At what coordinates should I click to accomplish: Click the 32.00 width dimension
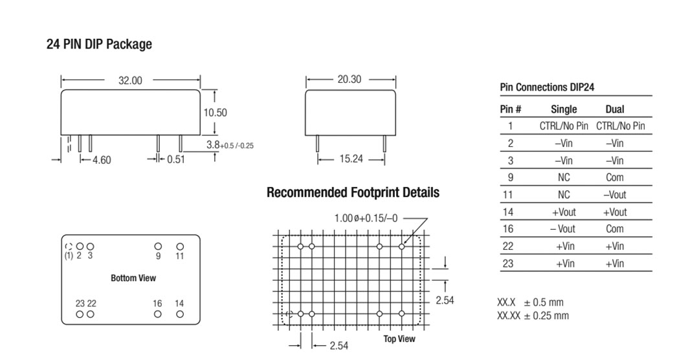(x=130, y=80)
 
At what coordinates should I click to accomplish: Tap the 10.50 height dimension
(x=215, y=113)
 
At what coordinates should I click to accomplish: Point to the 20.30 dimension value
(x=350, y=79)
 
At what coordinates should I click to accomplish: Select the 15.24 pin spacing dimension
(x=351, y=159)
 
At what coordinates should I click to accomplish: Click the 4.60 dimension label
(x=102, y=160)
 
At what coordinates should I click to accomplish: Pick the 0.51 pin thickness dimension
(x=176, y=159)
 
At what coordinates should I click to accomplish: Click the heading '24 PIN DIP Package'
(x=99, y=44)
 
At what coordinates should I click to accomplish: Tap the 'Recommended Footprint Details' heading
(x=353, y=192)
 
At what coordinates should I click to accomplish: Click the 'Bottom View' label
(x=133, y=278)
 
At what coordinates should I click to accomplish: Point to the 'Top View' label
(x=399, y=339)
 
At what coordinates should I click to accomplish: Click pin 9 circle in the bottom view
(x=158, y=246)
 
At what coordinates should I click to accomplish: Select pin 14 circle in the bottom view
(x=180, y=314)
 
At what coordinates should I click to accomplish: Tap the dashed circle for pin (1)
(x=69, y=247)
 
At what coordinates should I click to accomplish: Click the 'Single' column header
(x=564, y=109)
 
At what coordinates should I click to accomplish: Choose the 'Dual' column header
(x=615, y=109)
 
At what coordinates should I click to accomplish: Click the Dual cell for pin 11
(x=615, y=194)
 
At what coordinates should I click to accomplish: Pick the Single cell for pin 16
(x=563, y=229)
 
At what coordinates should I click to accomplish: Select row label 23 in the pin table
(x=507, y=264)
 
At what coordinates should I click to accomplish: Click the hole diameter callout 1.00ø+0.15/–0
(x=366, y=218)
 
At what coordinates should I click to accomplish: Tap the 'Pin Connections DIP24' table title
(x=547, y=87)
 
